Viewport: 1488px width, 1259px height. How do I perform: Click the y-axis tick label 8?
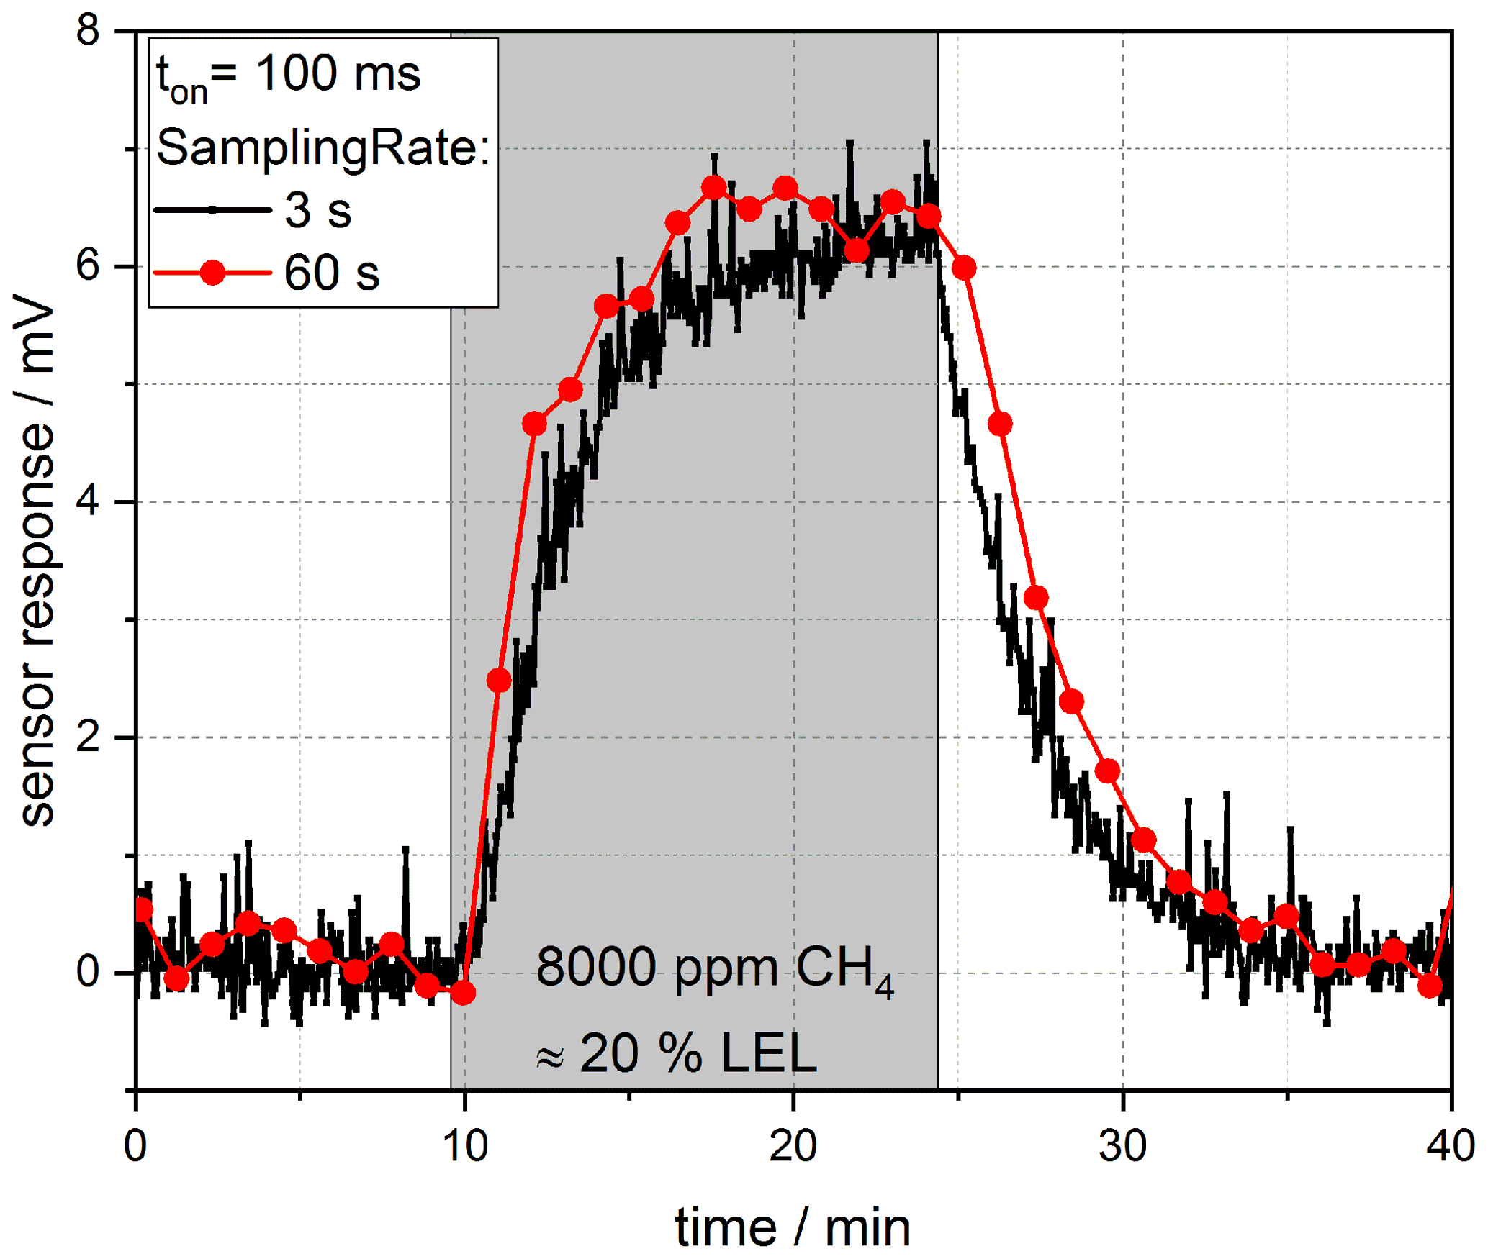click(88, 32)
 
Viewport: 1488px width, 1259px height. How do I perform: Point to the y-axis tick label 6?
click(88, 267)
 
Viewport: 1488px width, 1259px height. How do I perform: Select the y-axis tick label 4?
click(88, 501)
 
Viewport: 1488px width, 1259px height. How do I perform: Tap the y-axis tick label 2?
click(88, 737)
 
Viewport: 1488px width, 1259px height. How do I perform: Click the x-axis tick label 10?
click(465, 1145)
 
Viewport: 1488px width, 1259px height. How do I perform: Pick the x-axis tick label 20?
click(793, 1145)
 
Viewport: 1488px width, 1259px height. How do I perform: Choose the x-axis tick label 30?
click(1123, 1145)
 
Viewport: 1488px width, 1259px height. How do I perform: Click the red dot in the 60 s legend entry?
click(213, 273)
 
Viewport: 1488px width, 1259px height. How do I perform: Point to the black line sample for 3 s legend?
click(213, 210)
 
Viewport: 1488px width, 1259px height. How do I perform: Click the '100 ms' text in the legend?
click(338, 73)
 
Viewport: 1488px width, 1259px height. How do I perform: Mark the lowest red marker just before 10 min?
click(464, 993)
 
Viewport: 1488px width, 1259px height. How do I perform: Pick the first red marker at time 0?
click(142, 910)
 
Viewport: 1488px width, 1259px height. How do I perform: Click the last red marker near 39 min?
click(1430, 986)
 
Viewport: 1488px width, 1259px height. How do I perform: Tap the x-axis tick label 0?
click(136, 1145)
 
